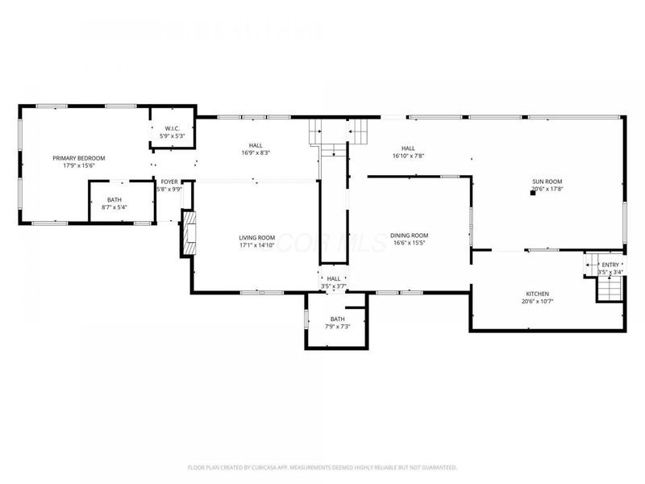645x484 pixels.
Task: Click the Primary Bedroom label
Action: [x=79, y=158]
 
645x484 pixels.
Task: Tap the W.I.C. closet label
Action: [x=172, y=129]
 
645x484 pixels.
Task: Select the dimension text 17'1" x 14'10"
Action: [x=257, y=245]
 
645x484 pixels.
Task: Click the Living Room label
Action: [x=257, y=238]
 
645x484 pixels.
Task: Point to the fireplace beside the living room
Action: [x=188, y=232]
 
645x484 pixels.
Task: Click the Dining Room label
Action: [x=409, y=235]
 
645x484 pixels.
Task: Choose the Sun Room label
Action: [x=547, y=182]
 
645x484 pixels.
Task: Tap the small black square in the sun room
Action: [x=534, y=193]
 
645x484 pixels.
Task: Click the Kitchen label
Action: [x=538, y=294]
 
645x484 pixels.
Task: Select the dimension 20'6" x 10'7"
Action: [x=538, y=302]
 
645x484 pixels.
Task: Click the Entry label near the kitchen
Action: [x=610, y=265]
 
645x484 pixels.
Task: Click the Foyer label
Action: [x=169, y=182]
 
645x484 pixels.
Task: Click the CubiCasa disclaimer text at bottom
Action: [x=322, y=467]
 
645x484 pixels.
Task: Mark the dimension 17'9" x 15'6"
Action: [x=79, y=165]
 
